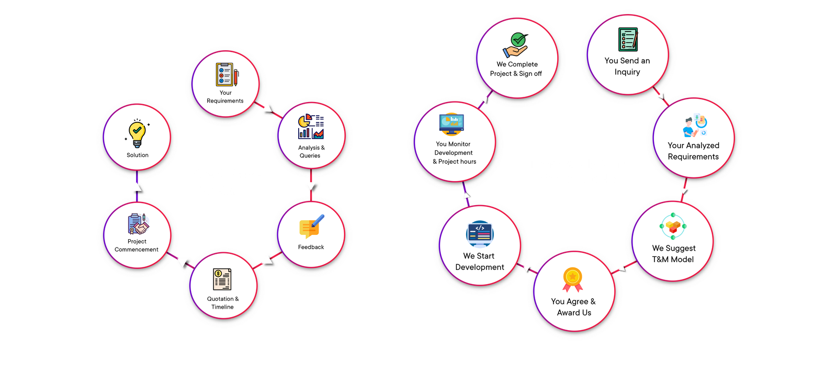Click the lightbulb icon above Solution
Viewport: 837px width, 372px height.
137,133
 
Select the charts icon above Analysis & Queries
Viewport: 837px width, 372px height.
311,127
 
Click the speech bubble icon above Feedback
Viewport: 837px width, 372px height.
311,227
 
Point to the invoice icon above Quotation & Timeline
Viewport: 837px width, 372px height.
222,279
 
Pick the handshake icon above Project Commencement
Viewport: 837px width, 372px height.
138,224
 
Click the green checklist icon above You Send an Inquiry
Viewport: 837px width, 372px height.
628,40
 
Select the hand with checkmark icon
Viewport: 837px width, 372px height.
516,45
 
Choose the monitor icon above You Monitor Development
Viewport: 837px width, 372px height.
451,124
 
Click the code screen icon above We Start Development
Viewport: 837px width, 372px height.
479,233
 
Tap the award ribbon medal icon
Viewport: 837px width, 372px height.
573,279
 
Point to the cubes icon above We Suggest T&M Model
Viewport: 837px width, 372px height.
673,226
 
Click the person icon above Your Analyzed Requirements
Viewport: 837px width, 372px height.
695,125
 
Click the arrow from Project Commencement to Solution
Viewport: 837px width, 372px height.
137,187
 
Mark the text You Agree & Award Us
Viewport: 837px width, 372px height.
573,307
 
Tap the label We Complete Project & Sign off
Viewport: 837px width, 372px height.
516,69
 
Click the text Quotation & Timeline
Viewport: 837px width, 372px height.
223,303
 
